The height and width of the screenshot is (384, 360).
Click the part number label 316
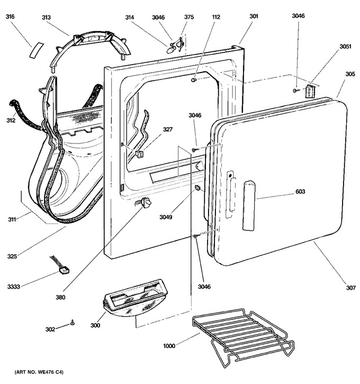pyautogui.click(x=10, y=16)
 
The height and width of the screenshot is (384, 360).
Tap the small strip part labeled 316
pyautogui.click(x=37, y=50)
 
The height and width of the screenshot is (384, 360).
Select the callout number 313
pyautogui.click(x=46, y=17)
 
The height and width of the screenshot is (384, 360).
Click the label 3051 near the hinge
pyautogui.click(x=345, y=47)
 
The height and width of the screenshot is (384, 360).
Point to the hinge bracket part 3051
pyautogui.click(x=310, y=92)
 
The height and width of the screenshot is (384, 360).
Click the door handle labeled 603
pyautogui.click(x=249, y=206)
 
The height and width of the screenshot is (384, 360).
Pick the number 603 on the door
pyautogui.click(x=300, y=191)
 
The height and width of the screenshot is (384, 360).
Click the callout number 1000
pyautogui.click(x=169, y=346)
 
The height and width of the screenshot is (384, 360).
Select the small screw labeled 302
pyautogui.click(x=72, y=323)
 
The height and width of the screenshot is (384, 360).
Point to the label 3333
pyautogui.click(x=13, y=287)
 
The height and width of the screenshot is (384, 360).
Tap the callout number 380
pyautogui.click(x=60, y=297)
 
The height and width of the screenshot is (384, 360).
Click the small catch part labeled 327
pyautogui.click(x=139, y=154)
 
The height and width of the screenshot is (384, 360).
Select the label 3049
pyautogui.click(x=166, y=217)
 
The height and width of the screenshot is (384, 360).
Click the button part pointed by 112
pyautogui.click(x=194, y=80)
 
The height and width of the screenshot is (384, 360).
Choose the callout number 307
pyautogui.click(x=350, y=288)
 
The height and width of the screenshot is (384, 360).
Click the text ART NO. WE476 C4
pyautogui.click(x=39, y=372)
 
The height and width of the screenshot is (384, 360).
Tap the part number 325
pyautogui.click(x=12, y=256)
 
